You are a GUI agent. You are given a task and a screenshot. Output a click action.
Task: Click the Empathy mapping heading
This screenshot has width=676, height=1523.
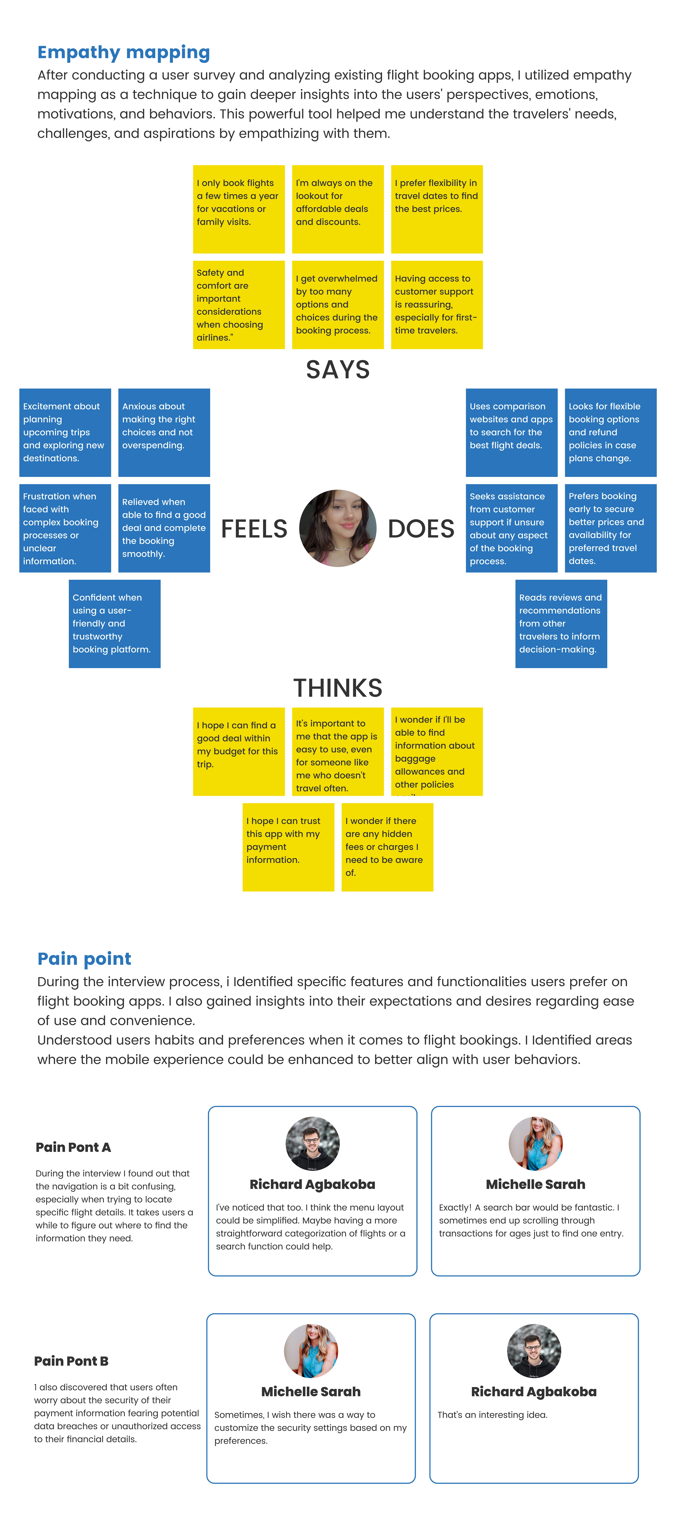tap(124, 53)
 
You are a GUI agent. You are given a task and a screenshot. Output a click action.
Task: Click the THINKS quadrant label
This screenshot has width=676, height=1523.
tap(338, 688)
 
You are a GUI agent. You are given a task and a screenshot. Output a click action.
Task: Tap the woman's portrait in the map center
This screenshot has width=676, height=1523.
tap(338, 528)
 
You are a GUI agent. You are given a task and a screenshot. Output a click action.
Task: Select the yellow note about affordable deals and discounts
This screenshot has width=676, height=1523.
tap(338, 209)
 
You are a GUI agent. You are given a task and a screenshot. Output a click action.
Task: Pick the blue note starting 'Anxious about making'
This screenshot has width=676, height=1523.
tap(164, 433)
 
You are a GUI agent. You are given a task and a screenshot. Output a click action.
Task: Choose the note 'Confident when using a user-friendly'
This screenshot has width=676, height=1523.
tap(115, 624)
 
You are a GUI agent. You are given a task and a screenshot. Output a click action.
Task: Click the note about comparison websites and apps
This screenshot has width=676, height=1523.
tap(512, 433)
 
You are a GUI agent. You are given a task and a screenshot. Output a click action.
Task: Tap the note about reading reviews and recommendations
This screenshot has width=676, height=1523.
tap(561, 624)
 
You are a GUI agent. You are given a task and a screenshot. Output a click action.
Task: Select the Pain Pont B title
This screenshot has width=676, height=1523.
tap(72, 1361)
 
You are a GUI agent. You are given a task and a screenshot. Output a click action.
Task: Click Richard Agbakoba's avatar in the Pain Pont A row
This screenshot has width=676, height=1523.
tap(312, 1143)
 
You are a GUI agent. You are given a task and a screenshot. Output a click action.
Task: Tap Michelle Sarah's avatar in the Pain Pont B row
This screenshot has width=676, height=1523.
tap(311, 1351)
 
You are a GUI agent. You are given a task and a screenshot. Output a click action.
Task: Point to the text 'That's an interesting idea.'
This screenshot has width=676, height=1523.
tap(493, 1415)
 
